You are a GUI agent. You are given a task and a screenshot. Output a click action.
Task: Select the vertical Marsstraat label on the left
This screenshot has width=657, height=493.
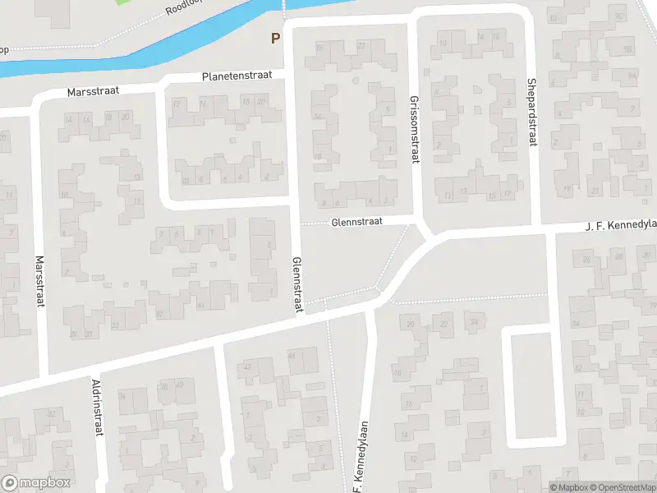tap(39, 281)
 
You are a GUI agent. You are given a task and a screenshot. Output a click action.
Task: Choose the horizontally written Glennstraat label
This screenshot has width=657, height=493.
tap(358, 222)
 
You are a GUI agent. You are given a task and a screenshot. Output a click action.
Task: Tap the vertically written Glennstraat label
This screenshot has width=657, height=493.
tap(297, 283)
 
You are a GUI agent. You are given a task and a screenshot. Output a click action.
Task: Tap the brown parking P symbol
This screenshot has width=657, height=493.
tap(275, 38)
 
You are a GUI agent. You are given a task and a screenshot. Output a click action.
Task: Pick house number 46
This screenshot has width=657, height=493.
tap(292, 355)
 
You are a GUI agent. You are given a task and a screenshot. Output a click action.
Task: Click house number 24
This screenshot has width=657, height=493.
tap(472, 323)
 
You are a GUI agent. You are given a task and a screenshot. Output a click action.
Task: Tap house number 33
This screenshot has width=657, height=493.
tap(115, 325)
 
